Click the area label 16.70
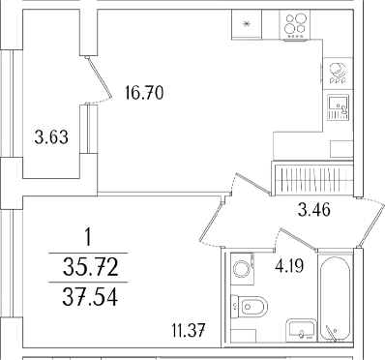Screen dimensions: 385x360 click(x=144, y=93)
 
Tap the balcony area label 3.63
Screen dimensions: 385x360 click(x=51, y=137)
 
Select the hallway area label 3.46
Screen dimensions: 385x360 click(x=314, y=210)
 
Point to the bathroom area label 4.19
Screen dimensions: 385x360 click(x=289, y=266)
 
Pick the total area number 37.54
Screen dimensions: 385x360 click(x=90, y=297)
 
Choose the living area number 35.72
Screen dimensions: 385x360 click(x=91, y=268)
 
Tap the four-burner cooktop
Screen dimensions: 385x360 click(x=295, y=25)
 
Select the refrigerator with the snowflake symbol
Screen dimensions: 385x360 click(x=247, y=24)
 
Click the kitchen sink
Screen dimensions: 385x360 click(x=339, y=107)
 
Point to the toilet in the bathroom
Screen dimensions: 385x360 click(x=250, y=306)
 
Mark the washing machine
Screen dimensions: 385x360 click(x=243, y=269)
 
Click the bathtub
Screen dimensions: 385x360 click(x=335, y=299)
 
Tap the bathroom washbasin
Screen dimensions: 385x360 click(x=302, y=330)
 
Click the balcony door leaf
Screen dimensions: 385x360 click(x=99, y=76)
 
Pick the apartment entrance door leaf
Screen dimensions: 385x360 click(x=371, y=224)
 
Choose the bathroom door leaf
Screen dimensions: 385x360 click(x=299, y=239)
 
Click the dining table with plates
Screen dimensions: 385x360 click(x=338, y=74)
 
